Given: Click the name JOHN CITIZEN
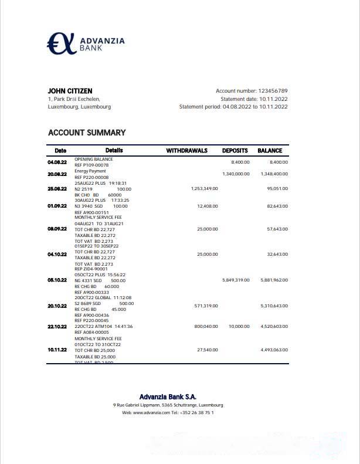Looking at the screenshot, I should (70, 91).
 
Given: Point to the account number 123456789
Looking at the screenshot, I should (273, 91).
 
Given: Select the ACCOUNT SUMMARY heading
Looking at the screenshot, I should (87, 133).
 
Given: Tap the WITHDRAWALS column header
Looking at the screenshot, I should (187, 151).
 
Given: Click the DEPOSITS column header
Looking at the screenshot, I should (235, 151).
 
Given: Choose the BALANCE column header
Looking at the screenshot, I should (270, 151).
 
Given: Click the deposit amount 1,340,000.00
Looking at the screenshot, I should (236, 174).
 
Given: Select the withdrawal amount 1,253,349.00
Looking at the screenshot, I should (205, 189).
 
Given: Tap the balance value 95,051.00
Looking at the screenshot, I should (277, 189).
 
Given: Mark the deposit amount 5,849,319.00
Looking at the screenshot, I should (236, 280).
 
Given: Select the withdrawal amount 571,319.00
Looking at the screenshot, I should (206, 306).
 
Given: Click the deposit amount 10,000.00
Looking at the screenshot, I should (239, 326).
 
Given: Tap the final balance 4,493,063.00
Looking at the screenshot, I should (274, 350).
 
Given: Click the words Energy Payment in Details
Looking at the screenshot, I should (90, 171).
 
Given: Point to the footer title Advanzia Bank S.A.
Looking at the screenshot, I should (168, 397).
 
